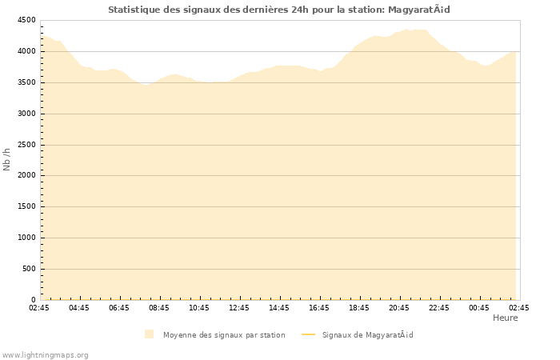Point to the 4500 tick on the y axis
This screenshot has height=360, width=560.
26,21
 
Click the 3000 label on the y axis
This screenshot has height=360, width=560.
26,114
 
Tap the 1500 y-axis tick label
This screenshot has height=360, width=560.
26,206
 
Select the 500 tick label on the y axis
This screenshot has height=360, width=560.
29,269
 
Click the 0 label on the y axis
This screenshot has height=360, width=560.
34,300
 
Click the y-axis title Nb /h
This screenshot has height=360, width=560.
7,159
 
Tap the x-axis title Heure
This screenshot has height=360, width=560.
505,318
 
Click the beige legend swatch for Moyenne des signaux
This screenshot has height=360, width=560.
149,334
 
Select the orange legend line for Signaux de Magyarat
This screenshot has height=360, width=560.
308,334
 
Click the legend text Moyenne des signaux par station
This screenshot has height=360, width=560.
224,334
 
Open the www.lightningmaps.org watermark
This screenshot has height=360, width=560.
46,354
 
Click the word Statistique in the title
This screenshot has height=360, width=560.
136,10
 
